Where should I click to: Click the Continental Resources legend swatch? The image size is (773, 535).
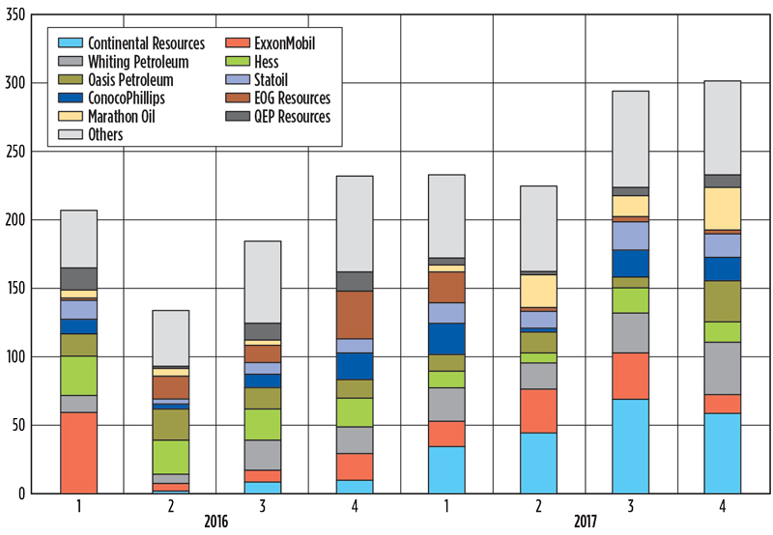point(70,43)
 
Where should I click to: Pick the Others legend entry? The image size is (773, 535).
point(105,135)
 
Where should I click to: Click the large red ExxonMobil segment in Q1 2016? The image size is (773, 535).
point(78,453)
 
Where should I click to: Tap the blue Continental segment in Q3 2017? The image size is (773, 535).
point(630,445)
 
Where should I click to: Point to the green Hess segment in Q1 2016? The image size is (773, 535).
point(78,376)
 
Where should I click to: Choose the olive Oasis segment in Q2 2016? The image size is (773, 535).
point(171,425)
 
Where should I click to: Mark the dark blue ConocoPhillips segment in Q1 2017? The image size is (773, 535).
point(446,339)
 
